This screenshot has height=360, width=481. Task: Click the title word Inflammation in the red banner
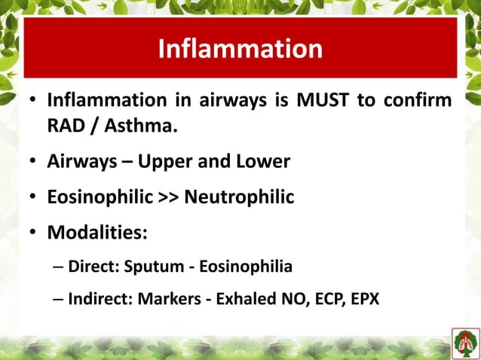point(240,49)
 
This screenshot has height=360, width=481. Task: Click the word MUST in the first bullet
point(317,101)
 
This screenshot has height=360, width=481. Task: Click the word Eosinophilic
point(101,197)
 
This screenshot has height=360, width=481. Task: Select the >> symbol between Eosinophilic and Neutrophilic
point(169,198)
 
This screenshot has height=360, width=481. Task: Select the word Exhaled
point(243,299)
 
